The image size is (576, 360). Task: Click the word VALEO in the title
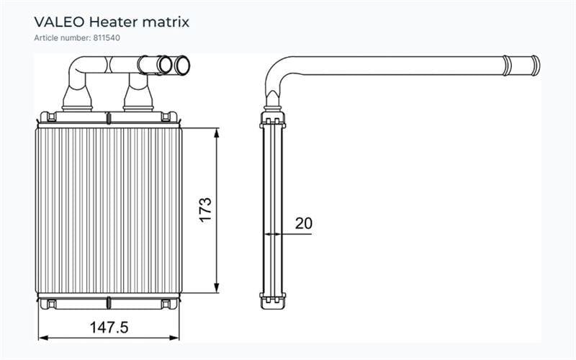click(x=59, y=22)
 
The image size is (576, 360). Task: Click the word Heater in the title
click(x=114, y=22)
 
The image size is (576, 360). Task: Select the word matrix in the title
click(x=166, y=22)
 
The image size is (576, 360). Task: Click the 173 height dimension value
click(x=206, y=210)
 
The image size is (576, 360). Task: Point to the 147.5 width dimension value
click(x=109, y=328)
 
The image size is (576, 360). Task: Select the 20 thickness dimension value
click(x=303, y=223)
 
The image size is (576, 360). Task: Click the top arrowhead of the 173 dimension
click(x=217, y=132)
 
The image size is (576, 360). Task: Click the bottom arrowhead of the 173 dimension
click(x=217, y=289)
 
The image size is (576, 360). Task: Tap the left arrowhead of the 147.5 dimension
click(x=43, y=338)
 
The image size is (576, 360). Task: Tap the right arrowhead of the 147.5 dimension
click(x=174, y=338)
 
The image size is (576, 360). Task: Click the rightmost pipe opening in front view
click(x=182, y=65)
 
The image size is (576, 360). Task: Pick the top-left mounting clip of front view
click(x=51, y=117)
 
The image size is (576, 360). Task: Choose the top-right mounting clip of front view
click(x=166, y=117)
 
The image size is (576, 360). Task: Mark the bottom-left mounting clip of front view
click(x=51, y=304)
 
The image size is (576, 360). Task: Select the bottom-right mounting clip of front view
click(x=166, y=304)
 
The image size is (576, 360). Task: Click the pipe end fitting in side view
click(x=521, y=66)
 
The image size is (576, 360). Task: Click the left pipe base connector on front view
click(x=77, y=99)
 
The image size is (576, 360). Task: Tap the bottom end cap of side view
click(x=273, y=301)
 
